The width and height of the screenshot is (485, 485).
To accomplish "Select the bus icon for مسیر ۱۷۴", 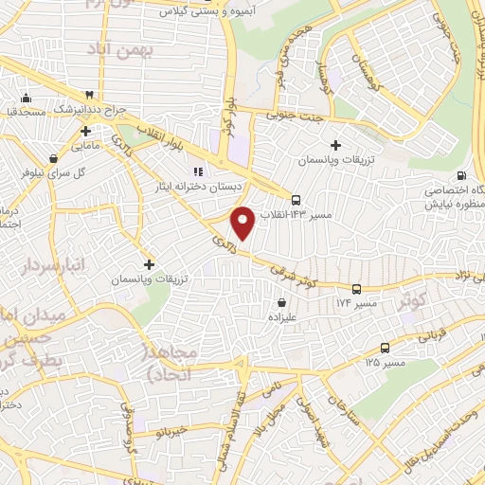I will [356, 289].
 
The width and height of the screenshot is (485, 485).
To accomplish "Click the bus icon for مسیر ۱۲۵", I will [384, 348].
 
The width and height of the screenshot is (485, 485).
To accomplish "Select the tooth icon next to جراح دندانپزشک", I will [88, 95].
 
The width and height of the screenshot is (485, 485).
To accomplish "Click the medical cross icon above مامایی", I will [85, 130].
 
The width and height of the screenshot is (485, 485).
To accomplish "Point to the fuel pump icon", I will [461, 174].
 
